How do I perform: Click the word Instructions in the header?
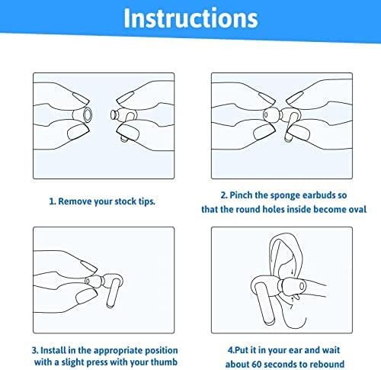point(190,18)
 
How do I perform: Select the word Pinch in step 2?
point(241,195)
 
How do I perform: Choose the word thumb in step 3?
point(164,362)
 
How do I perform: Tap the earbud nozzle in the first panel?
point(114,114)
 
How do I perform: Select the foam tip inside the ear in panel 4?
point(293,287)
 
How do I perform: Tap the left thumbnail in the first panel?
point(78,132)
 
